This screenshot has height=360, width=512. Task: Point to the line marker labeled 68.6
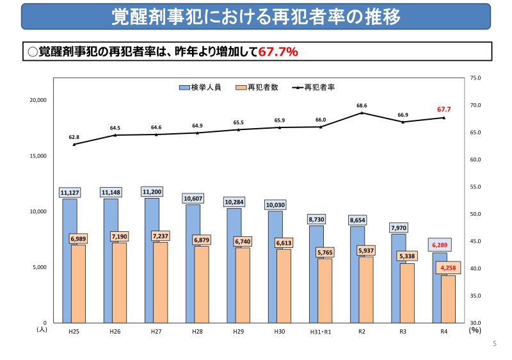[x=362, y=113]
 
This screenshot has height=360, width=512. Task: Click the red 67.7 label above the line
[x=444, y=110]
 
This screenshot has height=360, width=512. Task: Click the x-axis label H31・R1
[x=321, y=332]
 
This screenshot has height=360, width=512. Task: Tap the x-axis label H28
[x=197, y=332]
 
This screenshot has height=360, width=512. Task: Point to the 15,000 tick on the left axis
[x=38, y=156]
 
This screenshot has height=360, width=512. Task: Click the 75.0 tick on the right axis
[x=475, y=78]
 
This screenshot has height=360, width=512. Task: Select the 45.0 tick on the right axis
[x=475, y=241]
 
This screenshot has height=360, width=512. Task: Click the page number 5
[x=495, y=344]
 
